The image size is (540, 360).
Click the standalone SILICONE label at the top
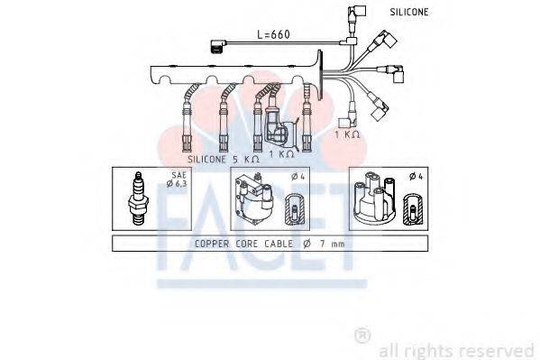click(409, 13)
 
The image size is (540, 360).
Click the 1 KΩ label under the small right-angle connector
click(346, 134)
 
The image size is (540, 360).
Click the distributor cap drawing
click(372, 199)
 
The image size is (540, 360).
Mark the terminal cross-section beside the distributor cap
click(412, 210)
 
